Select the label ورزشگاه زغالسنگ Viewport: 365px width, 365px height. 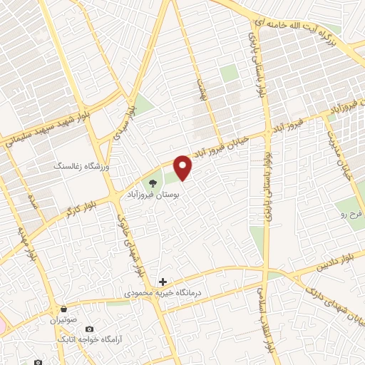click(x=85, y=165)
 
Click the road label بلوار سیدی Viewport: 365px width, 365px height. click(x=122, y=107)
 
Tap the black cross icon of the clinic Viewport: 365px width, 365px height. click(x=163, y=282)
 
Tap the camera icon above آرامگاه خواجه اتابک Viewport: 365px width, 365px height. click(x=89, y=329)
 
